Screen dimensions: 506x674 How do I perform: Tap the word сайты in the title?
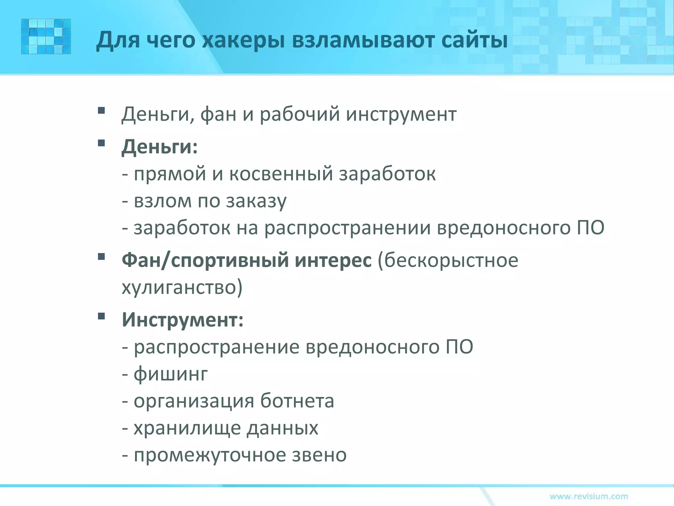(x=474, y=40)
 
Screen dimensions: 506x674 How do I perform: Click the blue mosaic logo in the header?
(x=46, y=36)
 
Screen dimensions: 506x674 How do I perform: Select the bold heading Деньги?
(x=160, y=147)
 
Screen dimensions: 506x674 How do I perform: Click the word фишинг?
(x=171, y=374)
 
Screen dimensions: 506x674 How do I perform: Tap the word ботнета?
(x=297, y=401)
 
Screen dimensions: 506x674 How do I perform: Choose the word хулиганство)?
(x=182, y=288)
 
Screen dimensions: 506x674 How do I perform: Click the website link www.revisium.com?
(x=589, y=496)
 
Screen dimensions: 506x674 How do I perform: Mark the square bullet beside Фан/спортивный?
(x=101, y=256)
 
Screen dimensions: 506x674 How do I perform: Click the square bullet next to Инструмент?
(x=101, y=316)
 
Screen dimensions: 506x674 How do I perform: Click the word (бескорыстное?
(x=448, y=260)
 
